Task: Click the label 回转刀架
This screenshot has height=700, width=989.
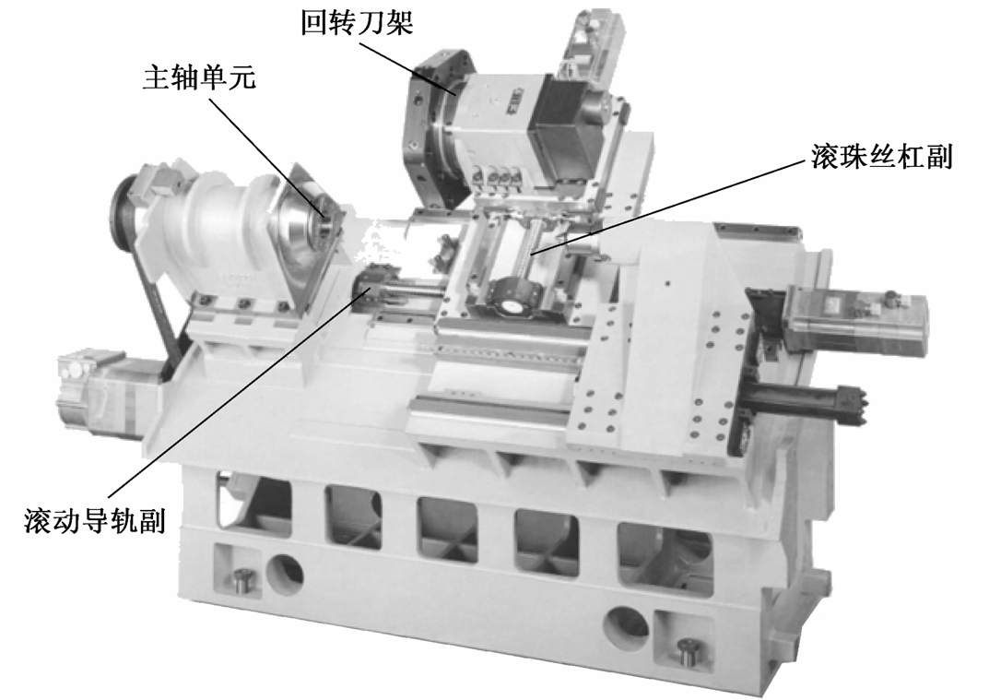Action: point(357,22)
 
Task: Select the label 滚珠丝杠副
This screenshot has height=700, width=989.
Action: point(880,156)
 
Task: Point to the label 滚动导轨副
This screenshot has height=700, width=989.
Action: point(95,521)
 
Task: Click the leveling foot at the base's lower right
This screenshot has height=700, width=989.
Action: point(686,651)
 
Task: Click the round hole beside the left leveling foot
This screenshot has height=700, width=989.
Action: point(285,570)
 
